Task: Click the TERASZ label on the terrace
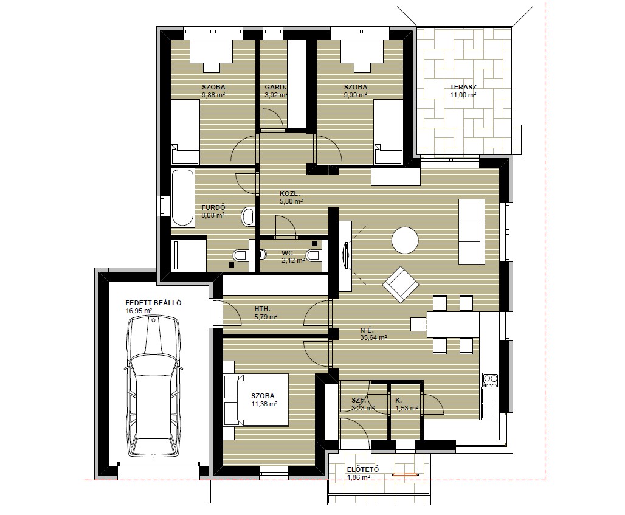coord(463,87)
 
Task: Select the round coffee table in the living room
coord(405,240)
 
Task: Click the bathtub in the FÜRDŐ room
coord(182,198)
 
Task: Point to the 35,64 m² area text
coord(373,337)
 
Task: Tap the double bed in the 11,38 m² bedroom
coord(255,400)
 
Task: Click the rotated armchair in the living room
coord(401,284)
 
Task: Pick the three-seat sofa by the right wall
coord(472,232)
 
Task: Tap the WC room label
coord(287,253)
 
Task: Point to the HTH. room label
coord(262,309)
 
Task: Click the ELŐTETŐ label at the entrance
coord(363,469)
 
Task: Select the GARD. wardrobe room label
coord(275,87)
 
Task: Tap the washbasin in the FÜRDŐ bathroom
coord(248,216)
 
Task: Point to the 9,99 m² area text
coord(356,95)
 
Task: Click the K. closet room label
coord(399,400)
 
